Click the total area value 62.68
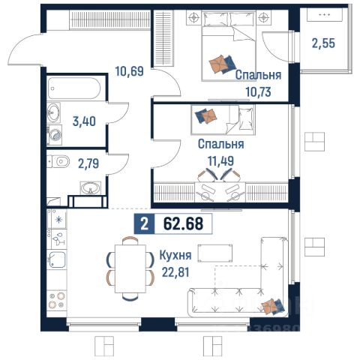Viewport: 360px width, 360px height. click(183, 223)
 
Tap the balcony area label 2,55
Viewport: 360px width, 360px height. click(323, 43)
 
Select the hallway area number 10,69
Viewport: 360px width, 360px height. click(129, 71)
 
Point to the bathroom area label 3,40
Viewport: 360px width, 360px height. click(84, 121)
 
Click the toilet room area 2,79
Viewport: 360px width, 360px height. click(88, 163)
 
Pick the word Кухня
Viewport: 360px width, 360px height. click(175, 256)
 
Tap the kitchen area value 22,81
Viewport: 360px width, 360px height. click(175, 272)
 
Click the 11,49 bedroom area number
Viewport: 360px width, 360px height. click(221, 161)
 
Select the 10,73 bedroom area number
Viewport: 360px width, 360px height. click(258, 92)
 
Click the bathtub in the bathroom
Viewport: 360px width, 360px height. click(74, 88)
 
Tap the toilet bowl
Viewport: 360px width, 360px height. click(58, 161)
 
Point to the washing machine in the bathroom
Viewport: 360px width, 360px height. click(55, 135)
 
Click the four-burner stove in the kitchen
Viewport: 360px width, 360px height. click(57, 300)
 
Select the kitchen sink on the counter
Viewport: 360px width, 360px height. click(57, 259)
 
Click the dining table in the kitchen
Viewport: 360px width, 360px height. click(130, 268)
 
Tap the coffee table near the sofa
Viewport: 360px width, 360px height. click(215, 253)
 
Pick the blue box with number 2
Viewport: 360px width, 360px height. click(144, 223)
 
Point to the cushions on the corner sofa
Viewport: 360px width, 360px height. click(272, 306)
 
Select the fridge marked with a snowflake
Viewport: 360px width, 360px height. click(57, 219)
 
